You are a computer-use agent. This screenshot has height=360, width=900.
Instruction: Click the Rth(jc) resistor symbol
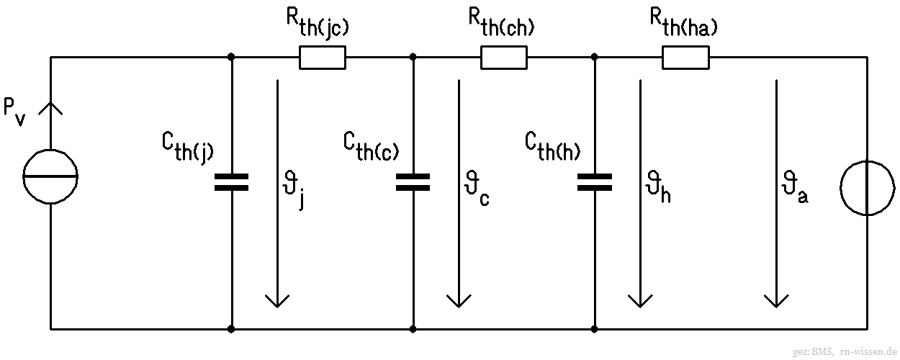(x=322, y=57)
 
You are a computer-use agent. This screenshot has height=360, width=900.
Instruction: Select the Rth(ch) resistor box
(x=504, y=57)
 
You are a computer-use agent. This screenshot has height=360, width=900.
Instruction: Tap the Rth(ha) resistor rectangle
(x=685, y=57)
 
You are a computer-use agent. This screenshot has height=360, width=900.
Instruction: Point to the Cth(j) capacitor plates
(x=231, y=181)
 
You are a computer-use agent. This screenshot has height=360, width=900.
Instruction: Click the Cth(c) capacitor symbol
(x=413, y=181)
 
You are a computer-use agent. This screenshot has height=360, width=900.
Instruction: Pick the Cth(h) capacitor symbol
(x=595, y=181)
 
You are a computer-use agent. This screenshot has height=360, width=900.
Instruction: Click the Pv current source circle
(x=50, y=176)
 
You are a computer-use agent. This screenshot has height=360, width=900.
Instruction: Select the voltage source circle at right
(x=867, y=187)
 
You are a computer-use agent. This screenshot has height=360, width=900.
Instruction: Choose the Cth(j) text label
(x=187, y=148)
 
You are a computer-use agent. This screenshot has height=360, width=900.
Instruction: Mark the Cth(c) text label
(x=371, y=148)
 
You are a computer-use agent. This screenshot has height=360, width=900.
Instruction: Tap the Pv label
(x=14, y=112)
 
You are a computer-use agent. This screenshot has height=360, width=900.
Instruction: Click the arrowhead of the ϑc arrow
(x=458, y=299)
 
